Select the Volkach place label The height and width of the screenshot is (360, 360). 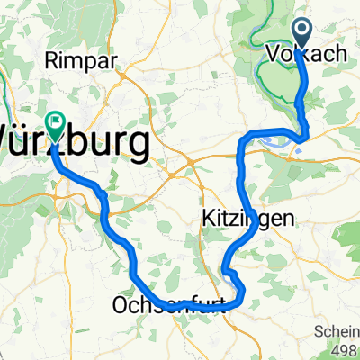point(307,55)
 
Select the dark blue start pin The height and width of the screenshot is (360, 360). point(300,33)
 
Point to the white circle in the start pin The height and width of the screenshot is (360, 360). point(300,29)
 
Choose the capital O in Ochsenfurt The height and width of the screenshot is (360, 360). point(121,306)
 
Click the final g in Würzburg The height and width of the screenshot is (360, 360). point(138,146)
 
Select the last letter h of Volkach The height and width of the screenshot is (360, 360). point(340,55)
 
